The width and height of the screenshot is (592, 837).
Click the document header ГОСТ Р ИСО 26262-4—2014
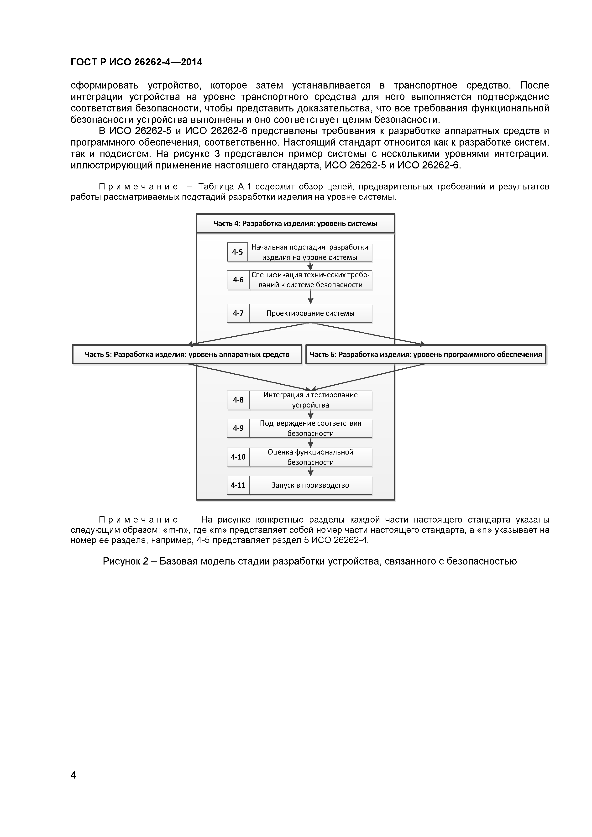(136, 62)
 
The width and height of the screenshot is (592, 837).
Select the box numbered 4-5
(237, 252)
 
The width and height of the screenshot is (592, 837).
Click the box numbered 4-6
(238, 280)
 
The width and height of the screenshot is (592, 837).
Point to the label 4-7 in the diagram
(238, 313)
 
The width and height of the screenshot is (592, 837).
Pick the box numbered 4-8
(238, 400)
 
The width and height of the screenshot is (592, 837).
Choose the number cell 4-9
(238, 428)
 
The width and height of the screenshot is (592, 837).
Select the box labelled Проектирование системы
(310, 313)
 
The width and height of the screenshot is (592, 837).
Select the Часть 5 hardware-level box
(187, 354)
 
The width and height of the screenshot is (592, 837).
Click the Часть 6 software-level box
(425, 354)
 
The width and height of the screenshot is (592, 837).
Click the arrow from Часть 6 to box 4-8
(368, 377)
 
